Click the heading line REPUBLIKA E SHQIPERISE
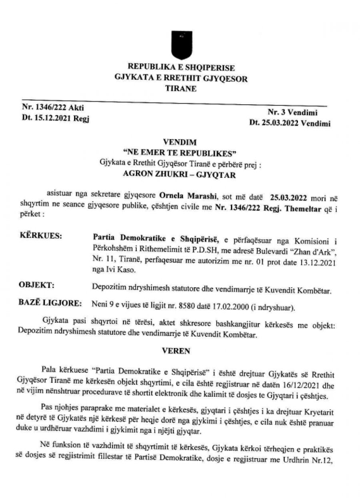coord(181,67)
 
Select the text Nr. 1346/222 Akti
coord(51,107)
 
